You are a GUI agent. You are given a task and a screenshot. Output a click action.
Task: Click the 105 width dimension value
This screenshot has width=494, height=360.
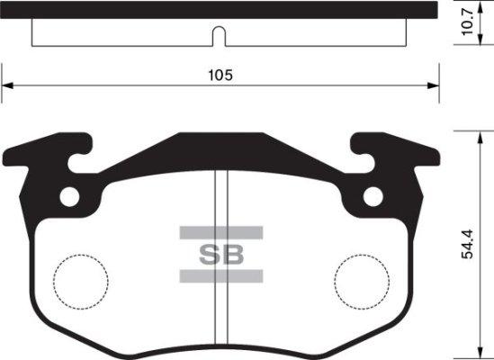[220, 76]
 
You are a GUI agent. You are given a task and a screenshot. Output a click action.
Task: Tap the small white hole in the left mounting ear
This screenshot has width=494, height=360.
[69, 196]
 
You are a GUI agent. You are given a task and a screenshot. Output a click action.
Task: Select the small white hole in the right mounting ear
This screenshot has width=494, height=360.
[371, 196]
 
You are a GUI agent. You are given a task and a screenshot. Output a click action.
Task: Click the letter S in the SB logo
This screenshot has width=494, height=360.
[208, 253]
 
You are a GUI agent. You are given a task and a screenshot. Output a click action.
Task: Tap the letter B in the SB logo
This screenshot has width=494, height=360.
[233, 253]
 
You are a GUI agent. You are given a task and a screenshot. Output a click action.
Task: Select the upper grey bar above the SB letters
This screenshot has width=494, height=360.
[220, 232]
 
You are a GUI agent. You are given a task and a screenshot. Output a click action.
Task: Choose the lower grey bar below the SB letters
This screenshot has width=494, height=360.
[220, 274]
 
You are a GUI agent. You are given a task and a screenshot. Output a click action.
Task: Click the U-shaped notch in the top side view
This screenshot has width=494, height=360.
[219, 36]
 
